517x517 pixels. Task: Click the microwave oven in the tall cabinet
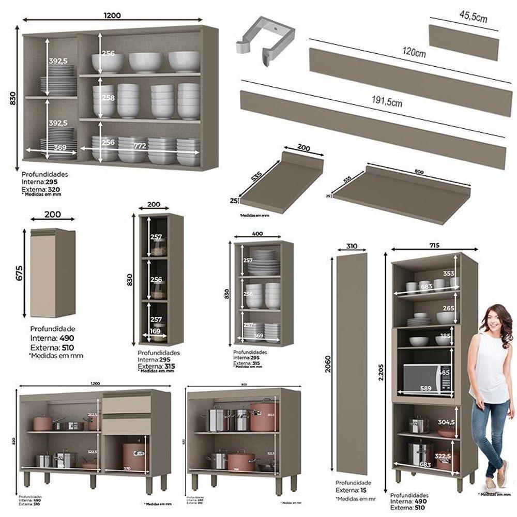pos(427,378)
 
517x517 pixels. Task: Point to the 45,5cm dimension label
pos(473,19)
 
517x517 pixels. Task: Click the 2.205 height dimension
pos(381,370)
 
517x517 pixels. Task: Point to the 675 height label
pos(19,273)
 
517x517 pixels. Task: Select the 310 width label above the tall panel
pos(352,247)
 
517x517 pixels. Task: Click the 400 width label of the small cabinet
pos(257,234)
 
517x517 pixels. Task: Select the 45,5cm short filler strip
pos(464,42)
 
